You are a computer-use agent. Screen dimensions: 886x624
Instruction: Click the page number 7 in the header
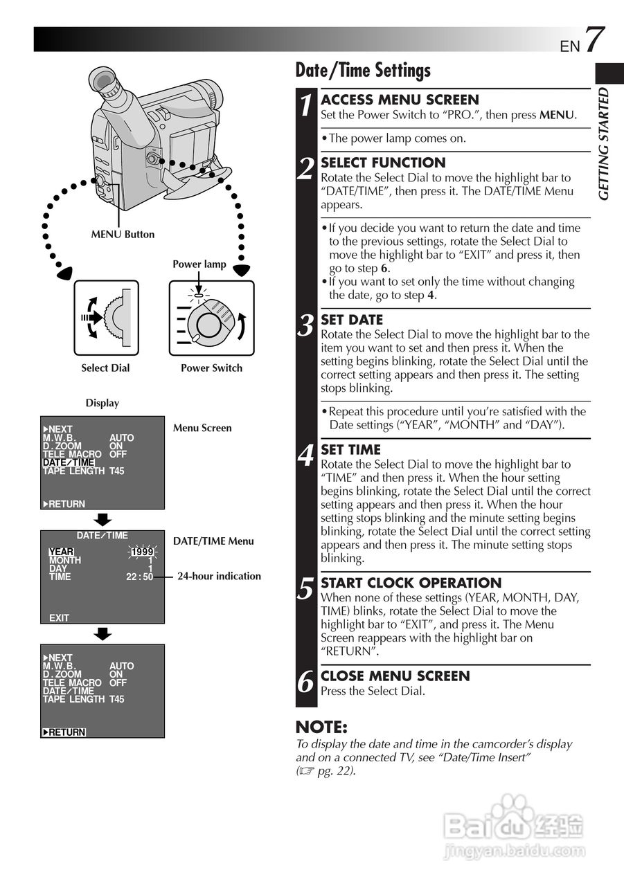(595, 40)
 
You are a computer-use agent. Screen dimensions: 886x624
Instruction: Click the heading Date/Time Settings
(363, 70)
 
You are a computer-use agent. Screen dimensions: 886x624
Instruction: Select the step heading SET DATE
(352, 320)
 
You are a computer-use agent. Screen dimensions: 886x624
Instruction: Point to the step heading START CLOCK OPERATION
(411, 583)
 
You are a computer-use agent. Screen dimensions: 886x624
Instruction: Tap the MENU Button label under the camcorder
(123, 235)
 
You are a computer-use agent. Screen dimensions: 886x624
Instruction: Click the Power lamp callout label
(199, 264)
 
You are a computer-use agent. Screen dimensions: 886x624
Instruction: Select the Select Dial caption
(105, 368)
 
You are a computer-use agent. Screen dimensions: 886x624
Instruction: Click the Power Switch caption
(211, 368)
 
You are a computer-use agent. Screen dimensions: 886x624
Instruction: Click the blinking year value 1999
(143, 552)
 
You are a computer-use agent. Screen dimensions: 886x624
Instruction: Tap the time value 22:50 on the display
(140, 577)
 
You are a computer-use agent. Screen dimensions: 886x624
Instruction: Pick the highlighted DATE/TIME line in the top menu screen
(69, 462)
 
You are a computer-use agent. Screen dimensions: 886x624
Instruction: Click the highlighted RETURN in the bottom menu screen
(64, 732)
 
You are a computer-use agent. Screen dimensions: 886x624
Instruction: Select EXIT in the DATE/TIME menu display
(60, 617)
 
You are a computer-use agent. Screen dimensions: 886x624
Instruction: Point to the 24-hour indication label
(219, 576)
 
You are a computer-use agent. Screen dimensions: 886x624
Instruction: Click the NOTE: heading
(321, 727)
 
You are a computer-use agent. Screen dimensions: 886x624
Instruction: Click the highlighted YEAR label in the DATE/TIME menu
(61, 552)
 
